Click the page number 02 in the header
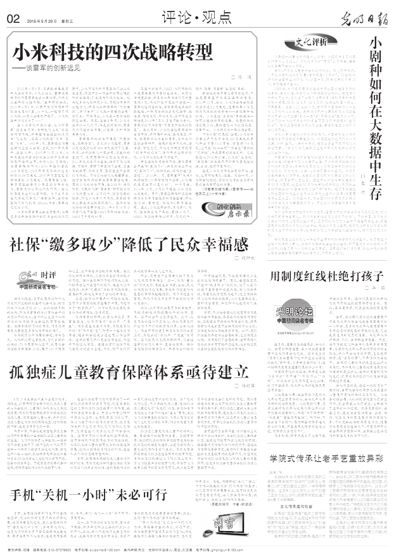(x=13, y=18)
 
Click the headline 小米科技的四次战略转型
(x=113, y=52)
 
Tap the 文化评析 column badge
(x=307, y=43)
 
